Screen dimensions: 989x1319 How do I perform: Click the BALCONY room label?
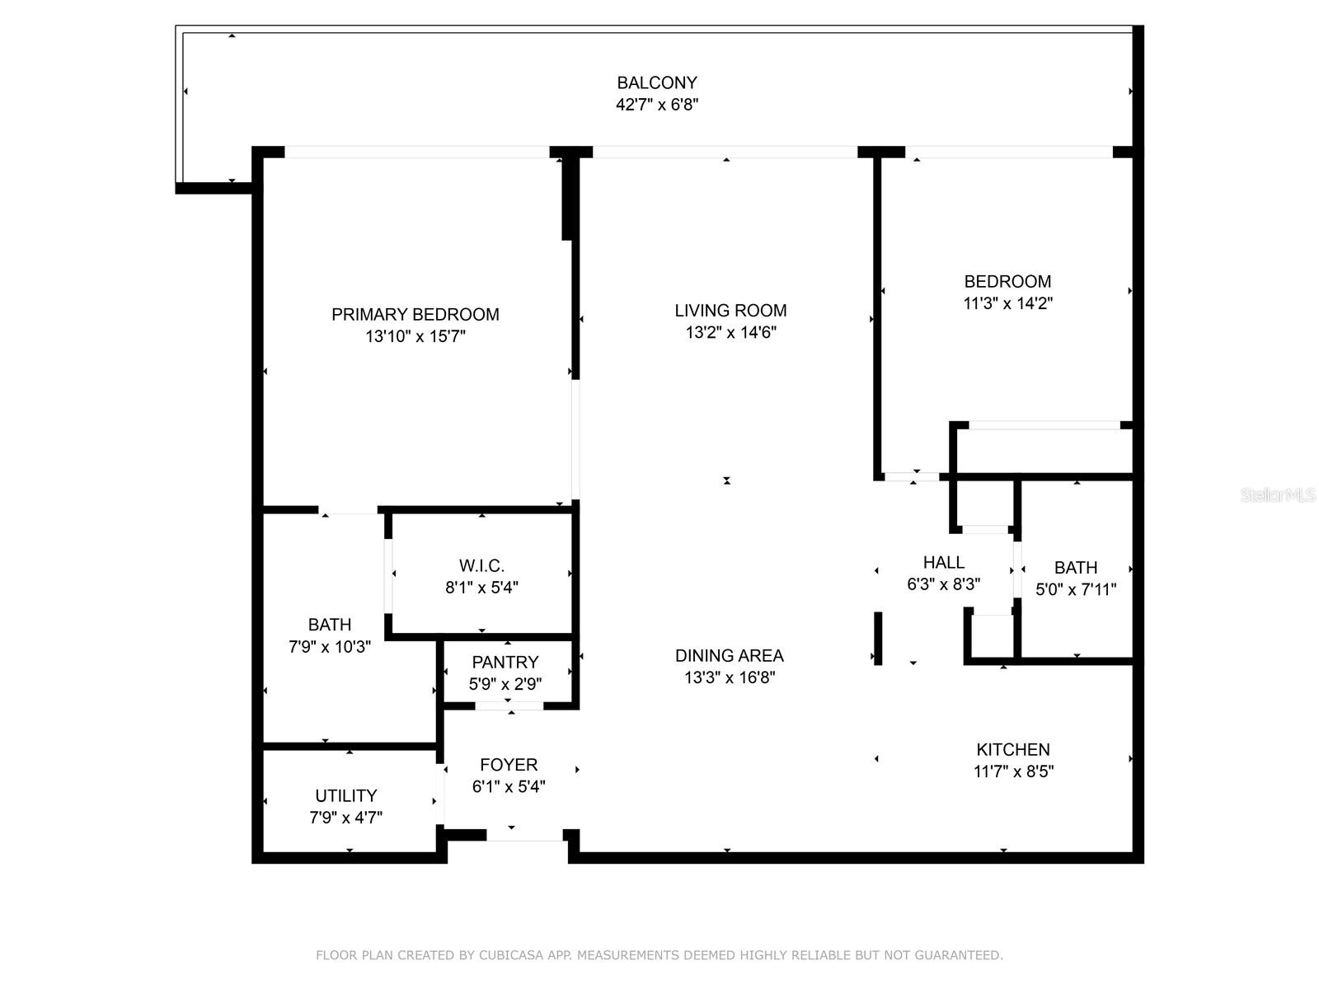click(x=657, y=82)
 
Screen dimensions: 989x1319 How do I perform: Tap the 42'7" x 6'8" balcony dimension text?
click(x=657, y=105)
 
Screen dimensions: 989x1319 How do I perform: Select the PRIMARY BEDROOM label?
click(x=415, y=314)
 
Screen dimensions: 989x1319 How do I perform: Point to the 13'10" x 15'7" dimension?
click(x=415, y=336)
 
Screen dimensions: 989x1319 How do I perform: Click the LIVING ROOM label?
click(x=730, y=311)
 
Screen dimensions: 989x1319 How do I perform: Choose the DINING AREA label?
click(x=729, y=655)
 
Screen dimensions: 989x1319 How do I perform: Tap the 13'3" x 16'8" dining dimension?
click(x=729, y=677)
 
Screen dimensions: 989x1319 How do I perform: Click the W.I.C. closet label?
click(x=481, y=565)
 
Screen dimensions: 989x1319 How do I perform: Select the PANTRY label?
click(x=505, y=662)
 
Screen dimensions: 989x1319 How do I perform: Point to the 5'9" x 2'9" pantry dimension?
click(x=505, y=684)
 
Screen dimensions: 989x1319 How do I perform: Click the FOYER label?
click(x=509, y=765)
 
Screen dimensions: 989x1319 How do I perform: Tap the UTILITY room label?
click(x=345, y=795)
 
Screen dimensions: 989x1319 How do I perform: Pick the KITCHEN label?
click(x=1013, y=749)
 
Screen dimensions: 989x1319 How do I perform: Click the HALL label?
click(x=943, y=562)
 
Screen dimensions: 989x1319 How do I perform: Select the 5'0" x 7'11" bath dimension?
click(x=1075, y=589)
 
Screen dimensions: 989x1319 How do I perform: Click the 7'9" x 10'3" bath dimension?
click(x=329, y=647)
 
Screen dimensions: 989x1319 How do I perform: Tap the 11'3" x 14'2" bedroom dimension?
click(x=1007, y=303)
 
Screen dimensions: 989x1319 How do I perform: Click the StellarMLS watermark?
click(x=1277, y=495)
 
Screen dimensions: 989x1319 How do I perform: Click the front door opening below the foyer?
click(x=525, y=836)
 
